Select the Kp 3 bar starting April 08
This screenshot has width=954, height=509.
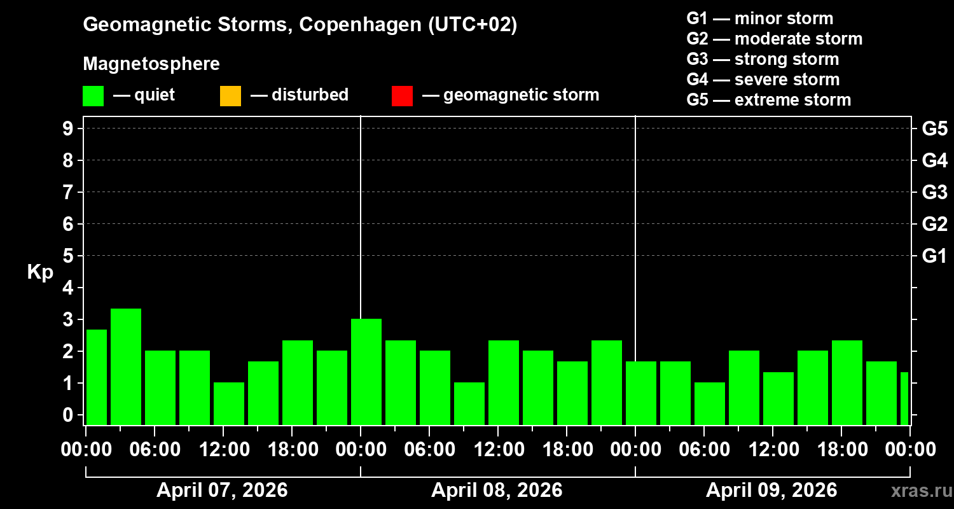click(366, 372)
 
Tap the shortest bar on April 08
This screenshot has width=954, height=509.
click(469, 403)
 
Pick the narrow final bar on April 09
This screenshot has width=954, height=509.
click(904, 398)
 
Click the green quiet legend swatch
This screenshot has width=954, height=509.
click(93, 95)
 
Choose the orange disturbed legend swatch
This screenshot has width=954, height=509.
click(230, 95)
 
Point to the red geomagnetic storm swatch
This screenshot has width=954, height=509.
click(402, 95)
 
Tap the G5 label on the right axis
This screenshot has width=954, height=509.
click(934, 129)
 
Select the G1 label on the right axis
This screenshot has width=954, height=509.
click(934, 256)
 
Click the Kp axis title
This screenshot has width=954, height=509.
click(40, 272)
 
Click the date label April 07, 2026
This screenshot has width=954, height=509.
click(222, 491)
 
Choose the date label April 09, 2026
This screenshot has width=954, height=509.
click(771, 491)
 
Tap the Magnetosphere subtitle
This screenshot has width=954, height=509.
click(151, 64)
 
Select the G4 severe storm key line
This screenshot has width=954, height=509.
click(763, 80)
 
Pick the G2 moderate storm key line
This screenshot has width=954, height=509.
click(774, 39)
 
